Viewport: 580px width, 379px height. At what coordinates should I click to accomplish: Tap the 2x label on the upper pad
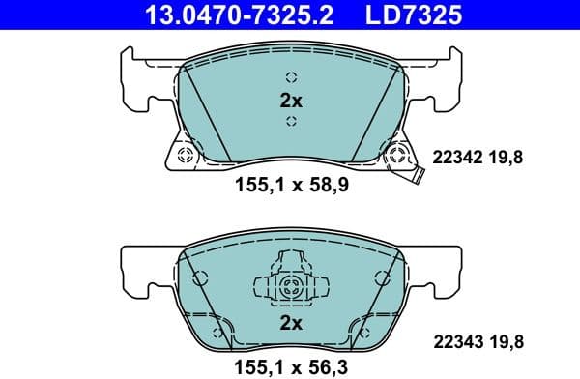pyautogui.click(x=290, y=100)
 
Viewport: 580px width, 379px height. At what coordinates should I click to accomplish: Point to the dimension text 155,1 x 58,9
pyautogui.click(x=290, y=186)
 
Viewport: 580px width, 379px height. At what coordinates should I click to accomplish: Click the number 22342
pyautogui.click(x=456, y=159)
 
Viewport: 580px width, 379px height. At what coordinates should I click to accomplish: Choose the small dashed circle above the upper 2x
pyautogui.click(x=290, y=78)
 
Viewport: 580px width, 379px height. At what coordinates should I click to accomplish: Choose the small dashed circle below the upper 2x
pyautogui.click(x=290, y=121)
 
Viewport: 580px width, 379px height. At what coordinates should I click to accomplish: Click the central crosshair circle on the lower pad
pyautogui.click(x=291, y=286)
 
